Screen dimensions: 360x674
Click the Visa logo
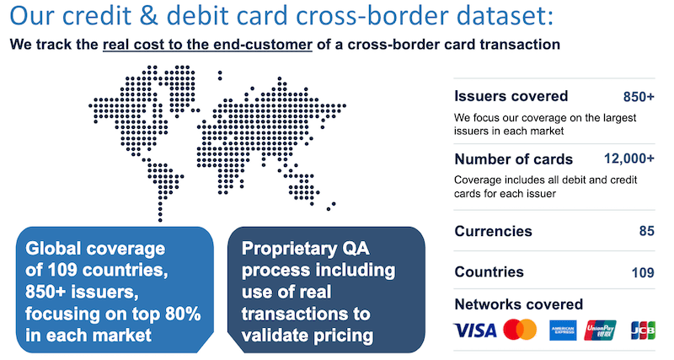475,330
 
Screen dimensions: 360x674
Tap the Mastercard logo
520,330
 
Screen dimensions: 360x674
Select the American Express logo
562,330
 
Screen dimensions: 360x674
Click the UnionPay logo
601,330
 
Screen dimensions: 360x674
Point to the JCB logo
643,330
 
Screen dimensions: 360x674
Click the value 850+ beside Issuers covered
639,96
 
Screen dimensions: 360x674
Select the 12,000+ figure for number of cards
629,159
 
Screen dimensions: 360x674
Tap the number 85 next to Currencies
646,231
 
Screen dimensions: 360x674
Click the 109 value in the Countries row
642,272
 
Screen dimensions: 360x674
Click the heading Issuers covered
511,96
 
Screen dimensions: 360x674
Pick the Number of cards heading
514,159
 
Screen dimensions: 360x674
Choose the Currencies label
493,231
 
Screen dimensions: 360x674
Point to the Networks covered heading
518,304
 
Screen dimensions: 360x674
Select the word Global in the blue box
52,249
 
